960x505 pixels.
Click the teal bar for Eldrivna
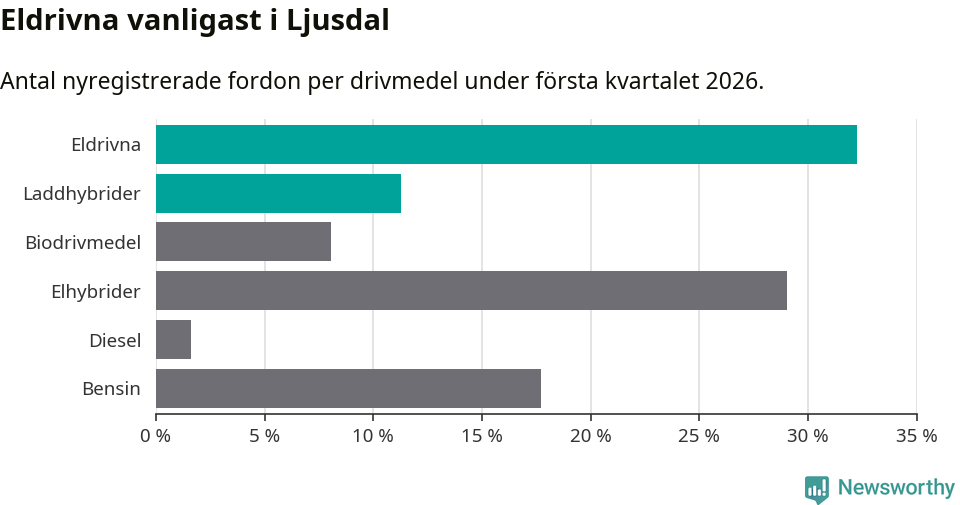pyautogui.click(x=506, y=144)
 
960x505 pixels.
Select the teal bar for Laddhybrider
pyautogui.click(x=278, y=193)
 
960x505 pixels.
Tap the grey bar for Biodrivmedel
pyautogui.click(x=243, y=242)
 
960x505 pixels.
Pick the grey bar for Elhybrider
pyautogui.click(x=471, y=290)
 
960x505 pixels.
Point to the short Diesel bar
pyautogui.click(x=173, y=339)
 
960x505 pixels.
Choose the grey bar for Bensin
pyautogui.click(x=348, y=388)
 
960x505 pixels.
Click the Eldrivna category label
pyautogui.click(x=106, y=144)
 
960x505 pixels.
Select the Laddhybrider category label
pyautogui.click(x=82, y=193)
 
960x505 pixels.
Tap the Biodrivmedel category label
pyautogui.click(x=83, y=242)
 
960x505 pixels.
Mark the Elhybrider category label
pyautogui.click(x=96, y=291)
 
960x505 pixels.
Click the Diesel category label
pyautogui.click(x=115, y=340)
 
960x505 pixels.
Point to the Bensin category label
pyautogui.click(x=111, y=389)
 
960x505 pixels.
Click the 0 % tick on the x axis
pyautogui.click(x=156, y=436)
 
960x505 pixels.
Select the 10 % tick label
pyautogui.click(x=373, y=436)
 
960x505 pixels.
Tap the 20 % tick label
pyautogui.click(x=590, y=436)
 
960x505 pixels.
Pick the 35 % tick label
pyautogui.click(x=916, y=436)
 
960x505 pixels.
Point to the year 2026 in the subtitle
pyautogui.click(x=731, y=81)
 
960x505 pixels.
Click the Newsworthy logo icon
pyautogui.click(x=817, y=489)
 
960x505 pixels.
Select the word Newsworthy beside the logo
pyautogui.click(x=896, y=488)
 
